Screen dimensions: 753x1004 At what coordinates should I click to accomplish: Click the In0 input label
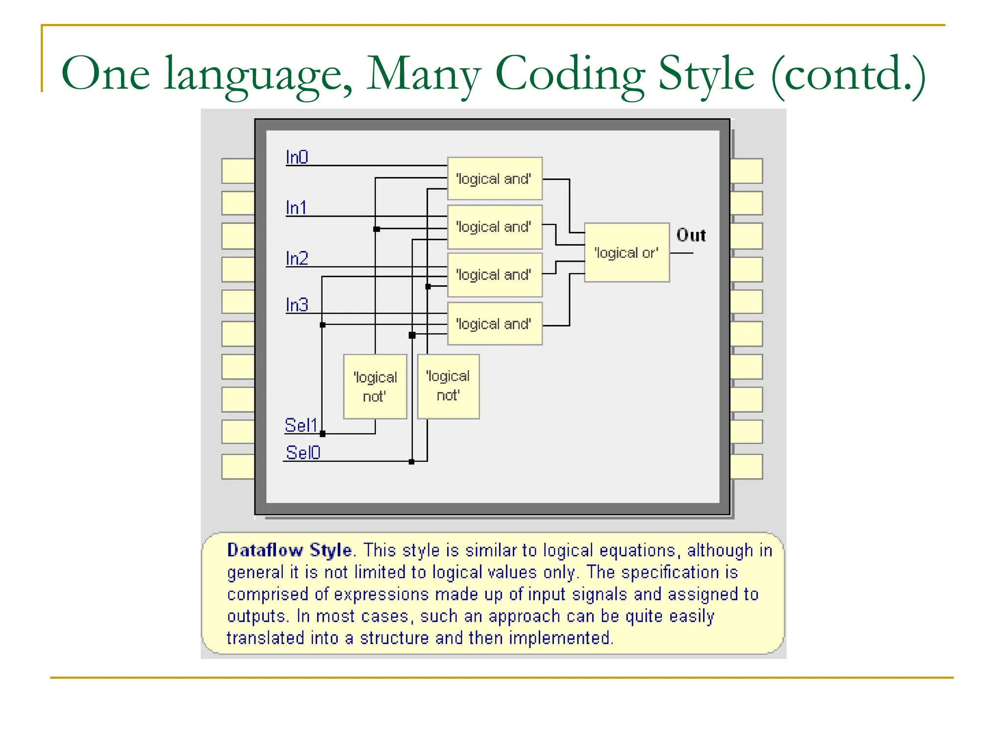tap(297, 157)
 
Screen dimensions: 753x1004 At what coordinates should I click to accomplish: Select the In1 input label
tap(297, 208)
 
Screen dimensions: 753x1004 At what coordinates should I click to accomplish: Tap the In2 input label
tap(297, 258)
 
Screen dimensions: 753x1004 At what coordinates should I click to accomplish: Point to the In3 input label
tap(297, 305)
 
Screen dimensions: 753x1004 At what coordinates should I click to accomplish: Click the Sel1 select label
tap(301, 425)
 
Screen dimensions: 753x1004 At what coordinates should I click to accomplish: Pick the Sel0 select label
tap(303, 452)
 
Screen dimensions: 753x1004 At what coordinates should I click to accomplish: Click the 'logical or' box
tap(627, 252)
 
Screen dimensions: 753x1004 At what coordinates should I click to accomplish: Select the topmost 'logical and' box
tap(495, 178)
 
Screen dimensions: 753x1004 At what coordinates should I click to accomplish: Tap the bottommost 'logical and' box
tap(495, 324)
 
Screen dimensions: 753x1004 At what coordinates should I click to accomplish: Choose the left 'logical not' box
tap(375, 386)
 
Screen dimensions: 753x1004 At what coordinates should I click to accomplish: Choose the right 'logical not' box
tap(448, 386)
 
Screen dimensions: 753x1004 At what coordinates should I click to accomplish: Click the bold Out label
tap(691, 235)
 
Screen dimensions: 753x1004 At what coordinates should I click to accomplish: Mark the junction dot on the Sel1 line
tap(323, 433)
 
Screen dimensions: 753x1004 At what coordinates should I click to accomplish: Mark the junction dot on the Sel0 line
tap(411, 461)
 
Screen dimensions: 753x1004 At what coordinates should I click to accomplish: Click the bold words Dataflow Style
tap(289, 551)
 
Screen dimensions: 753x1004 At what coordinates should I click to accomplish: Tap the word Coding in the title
tap(570, 74)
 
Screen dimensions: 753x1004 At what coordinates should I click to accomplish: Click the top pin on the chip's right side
tap(746, 171)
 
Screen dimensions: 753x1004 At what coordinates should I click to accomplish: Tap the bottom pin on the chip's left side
tap(238, 466)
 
